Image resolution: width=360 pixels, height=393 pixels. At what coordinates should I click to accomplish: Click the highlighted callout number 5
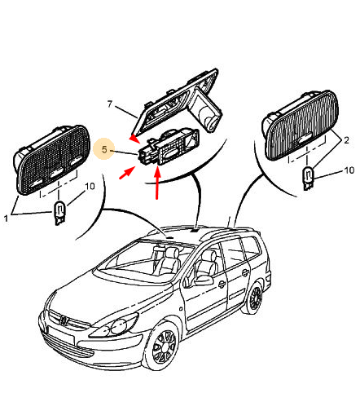click(104, 149)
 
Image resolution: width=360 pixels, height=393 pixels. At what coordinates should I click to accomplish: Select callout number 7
click(110, 104)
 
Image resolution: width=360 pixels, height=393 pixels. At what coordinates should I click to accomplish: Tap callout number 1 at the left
click(6, 218)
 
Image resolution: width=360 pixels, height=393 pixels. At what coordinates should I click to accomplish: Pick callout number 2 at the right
click(346, 140)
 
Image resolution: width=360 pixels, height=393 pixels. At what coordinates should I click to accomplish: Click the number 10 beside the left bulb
click(90, 186)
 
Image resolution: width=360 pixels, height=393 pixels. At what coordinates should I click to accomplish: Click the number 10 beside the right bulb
click(349, 170)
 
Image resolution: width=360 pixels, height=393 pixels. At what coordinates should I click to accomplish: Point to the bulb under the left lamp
click(59, 213)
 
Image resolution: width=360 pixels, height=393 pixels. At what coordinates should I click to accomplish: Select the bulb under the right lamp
click(308, 179)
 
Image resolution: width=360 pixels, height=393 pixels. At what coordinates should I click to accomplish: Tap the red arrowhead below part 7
click(134, 139)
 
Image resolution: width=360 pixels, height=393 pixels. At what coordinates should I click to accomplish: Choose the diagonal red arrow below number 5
click(127, 173)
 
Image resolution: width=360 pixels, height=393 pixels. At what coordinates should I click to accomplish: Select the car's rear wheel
click(255, 298)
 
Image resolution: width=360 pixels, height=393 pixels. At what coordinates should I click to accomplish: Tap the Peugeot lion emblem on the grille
click(64, 320)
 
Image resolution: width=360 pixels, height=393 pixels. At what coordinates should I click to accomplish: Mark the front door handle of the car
click(222, 285)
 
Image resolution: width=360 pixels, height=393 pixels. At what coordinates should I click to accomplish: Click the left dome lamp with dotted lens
click(52, 160)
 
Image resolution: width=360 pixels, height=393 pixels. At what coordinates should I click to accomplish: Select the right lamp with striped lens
click(301, 126)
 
